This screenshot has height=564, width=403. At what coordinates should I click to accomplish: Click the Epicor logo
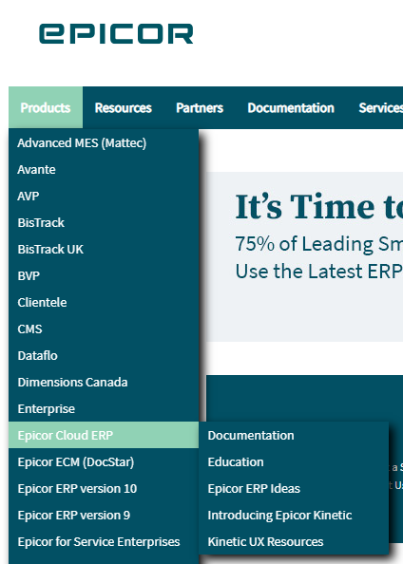116,34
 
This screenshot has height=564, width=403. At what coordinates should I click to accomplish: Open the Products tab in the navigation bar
46,107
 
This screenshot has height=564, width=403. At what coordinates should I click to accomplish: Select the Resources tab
124,108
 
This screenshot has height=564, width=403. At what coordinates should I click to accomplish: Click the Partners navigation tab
200,108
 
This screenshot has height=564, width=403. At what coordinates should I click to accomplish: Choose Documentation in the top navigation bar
291,108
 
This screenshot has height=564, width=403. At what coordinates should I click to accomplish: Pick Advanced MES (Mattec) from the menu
82,143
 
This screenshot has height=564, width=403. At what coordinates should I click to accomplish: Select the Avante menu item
36,169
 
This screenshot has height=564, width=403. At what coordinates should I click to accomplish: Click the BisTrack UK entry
50,250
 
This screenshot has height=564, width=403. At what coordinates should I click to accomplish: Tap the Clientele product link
42,303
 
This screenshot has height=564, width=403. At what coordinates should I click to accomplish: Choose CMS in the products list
29,329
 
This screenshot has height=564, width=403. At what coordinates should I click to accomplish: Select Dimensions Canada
72,382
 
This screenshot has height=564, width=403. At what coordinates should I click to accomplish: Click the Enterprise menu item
47,409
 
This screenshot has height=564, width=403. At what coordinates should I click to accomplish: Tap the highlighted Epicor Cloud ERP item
66,435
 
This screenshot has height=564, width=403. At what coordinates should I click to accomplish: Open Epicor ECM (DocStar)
76,462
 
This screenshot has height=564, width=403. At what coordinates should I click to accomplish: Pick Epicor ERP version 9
74,515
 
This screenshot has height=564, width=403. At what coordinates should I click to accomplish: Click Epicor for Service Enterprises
99,542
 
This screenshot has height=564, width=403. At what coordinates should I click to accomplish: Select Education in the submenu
236,461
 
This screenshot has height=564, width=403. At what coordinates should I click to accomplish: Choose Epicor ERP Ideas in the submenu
254,488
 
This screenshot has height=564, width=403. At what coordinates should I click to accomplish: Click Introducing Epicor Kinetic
279,515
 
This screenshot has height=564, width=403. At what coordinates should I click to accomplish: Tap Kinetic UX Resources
265,542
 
